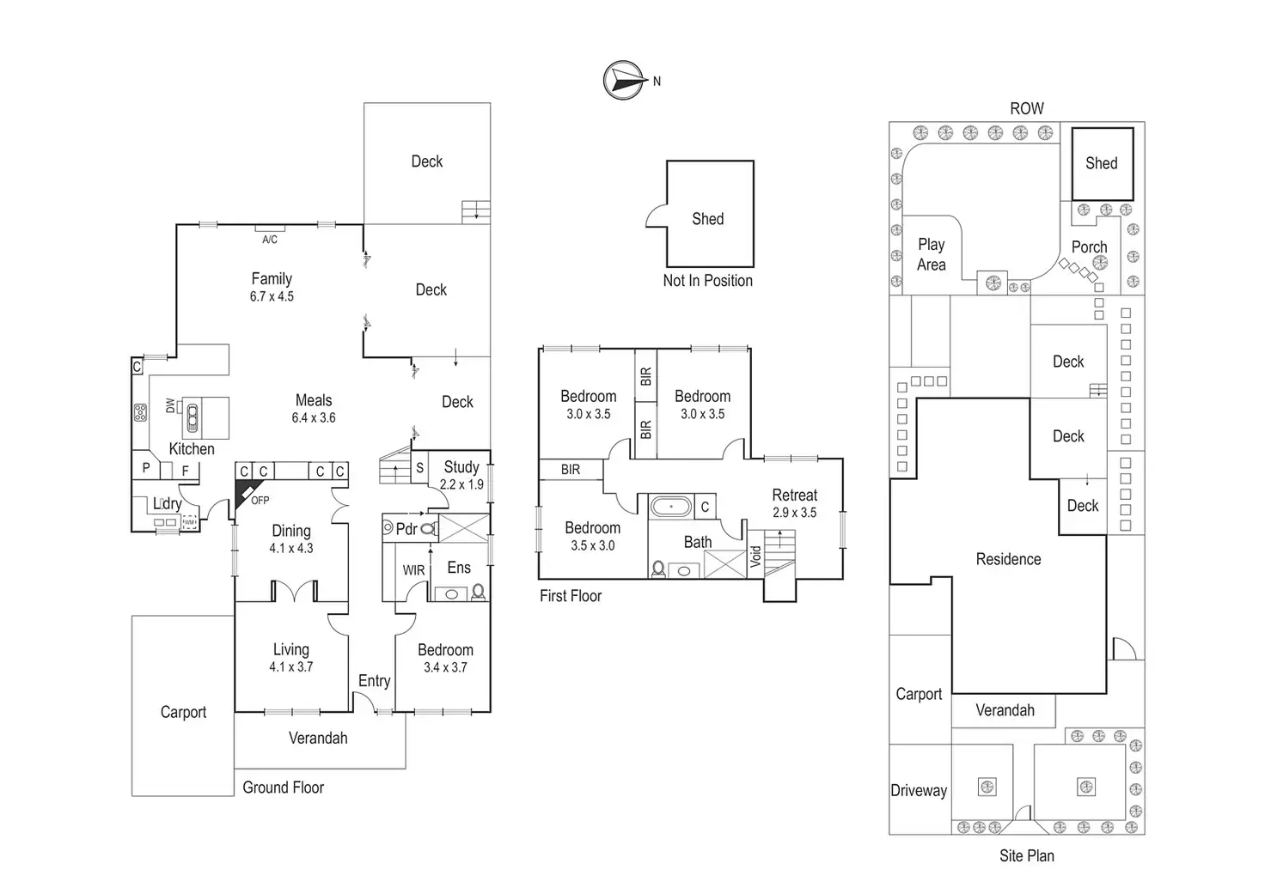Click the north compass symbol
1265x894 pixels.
(x=625, y=80)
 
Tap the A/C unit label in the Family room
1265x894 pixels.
(x=270, y=240)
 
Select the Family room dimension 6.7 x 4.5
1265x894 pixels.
(x=272, y=296)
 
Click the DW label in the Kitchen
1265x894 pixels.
(x=170, y=404)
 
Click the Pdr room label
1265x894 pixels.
(x=406, y=529)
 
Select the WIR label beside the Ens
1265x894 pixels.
(x=413, y=570)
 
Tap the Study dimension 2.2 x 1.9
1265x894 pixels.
(x=461, y=484)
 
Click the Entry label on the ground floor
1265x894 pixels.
(x=374, y=681)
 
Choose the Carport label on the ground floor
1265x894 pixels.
(x=183, y=712)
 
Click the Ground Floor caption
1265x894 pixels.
(x=283, y=788)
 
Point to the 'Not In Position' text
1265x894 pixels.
(x=707, y=281)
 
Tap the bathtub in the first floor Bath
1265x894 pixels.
(x=669, y=507)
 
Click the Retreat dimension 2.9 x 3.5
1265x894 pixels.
(x=794, y=513)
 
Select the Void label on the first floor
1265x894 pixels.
(x=756, y=556)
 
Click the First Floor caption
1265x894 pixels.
(x=571, y=596)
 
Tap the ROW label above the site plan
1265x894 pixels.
(x=1026, y=109)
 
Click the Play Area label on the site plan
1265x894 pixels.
(x=931, y=255)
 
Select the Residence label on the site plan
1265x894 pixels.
(x=1008, y=559)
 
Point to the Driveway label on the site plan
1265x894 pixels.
(x=919, y=791)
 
